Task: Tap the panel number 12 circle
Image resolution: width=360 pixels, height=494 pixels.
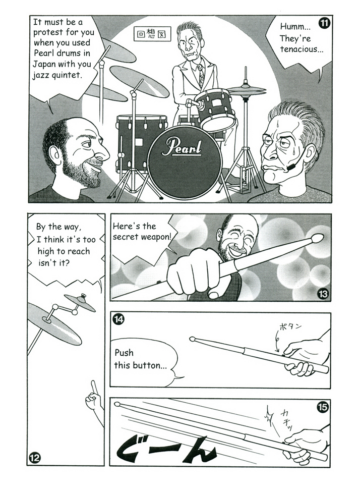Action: point(35,458)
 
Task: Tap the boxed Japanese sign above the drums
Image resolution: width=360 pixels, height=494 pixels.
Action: point(152,34)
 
